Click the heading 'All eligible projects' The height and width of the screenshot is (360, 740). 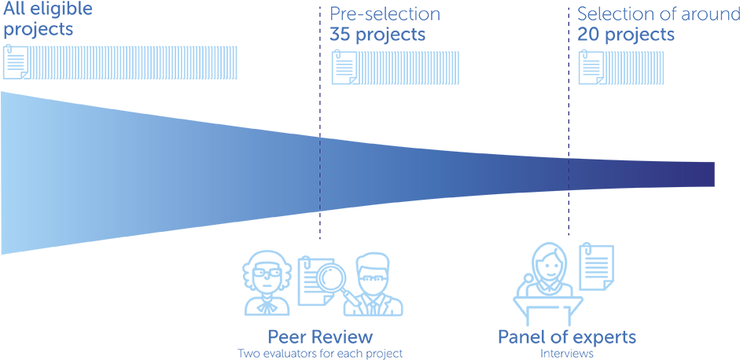pyautogui.click(x=47, y=20)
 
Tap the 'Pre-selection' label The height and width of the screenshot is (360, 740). pyautogui.click(x=385, y=14)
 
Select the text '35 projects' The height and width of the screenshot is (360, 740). pyautogui.click(x=377, y=35)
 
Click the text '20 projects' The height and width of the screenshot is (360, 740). pyautogui.click(x=626, y=35)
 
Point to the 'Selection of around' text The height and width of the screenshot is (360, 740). pyautogui.click(x=657, y=14)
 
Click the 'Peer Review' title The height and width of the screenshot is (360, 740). pyautogui.click(x=319, y=337)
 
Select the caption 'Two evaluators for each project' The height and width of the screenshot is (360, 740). pyautogui.click(x=320, y=354)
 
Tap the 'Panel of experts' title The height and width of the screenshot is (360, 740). pyautogui.click(x=566, y=337)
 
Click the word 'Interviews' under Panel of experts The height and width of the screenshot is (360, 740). pyautogui.click(x=566, y=354)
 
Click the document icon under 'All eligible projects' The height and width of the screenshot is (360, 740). pyautogui.click(x=16, y=62)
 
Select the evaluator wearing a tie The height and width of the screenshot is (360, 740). pyautogui.click(x=377, y=283)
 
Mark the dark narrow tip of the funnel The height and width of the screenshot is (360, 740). pyautogui.click(x=700, y=174)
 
